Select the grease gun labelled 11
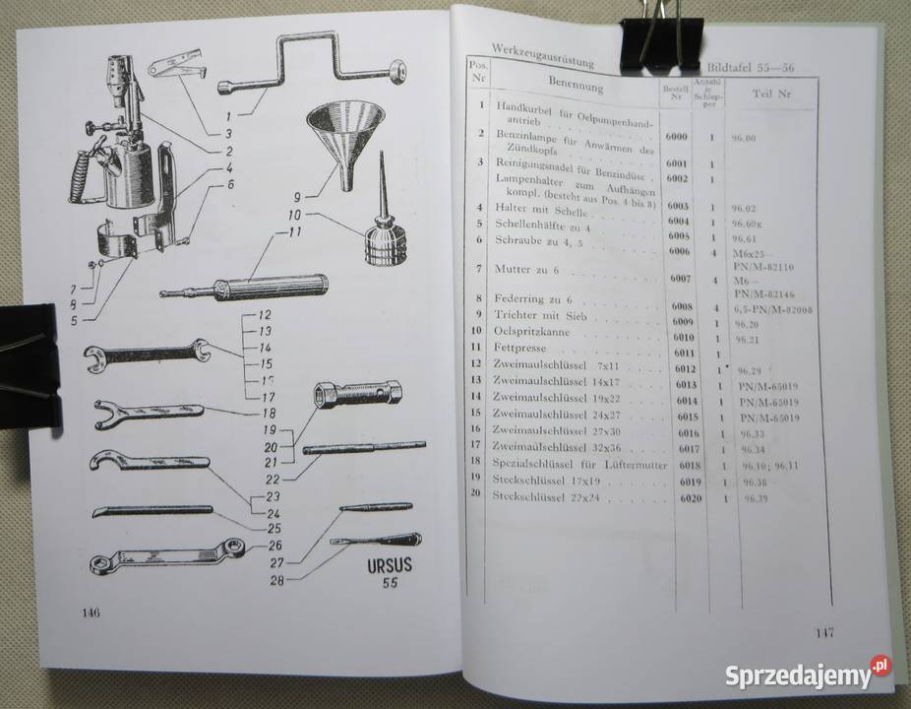pos(255,288)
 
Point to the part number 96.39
pos(755,500)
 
